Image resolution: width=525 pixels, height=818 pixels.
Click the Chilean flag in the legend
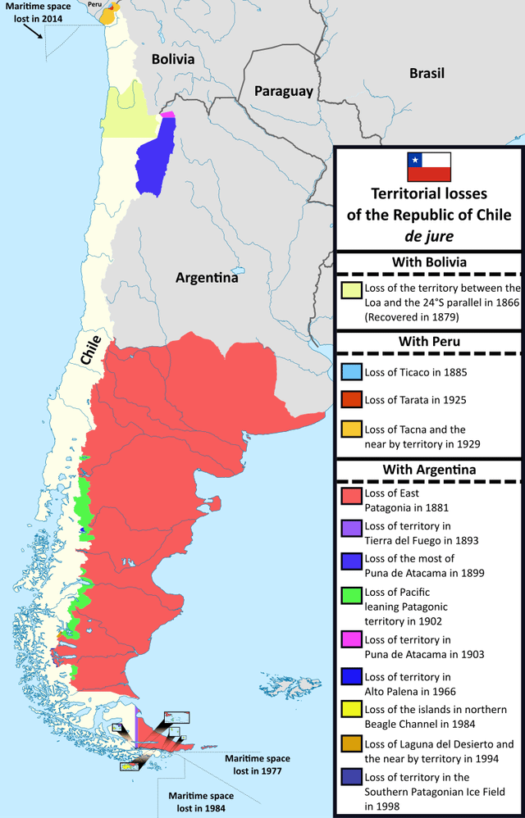pyautogui.click(x=428, y=166)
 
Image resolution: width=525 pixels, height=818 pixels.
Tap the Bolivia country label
pyautogui.click(x=172, y=59)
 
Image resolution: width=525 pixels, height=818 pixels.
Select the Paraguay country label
pyautogui.click(x=283, y=91)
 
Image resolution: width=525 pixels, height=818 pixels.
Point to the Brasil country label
pyautogui.click(x=427, y=73)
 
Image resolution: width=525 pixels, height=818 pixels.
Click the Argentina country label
pyautogui.click(x=207, y=278)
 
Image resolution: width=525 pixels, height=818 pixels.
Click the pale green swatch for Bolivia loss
pyautogui.click(x=351, y=290)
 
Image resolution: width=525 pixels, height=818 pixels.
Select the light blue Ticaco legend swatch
pyautogui.click(x=351, y=371)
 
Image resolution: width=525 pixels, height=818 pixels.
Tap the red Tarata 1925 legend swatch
pyautogui.click(x=351, y=399)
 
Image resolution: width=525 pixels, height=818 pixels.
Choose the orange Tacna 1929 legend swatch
pyautogui.click(x=351, y=429)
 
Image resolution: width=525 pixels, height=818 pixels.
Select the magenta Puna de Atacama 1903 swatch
pyautogui.click(x=351, y=641)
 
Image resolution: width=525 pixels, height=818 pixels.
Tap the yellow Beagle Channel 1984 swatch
pyautogui.click(x=351, y=711)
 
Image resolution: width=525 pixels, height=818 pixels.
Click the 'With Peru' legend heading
pyautogui.click(x=428, y=340)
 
